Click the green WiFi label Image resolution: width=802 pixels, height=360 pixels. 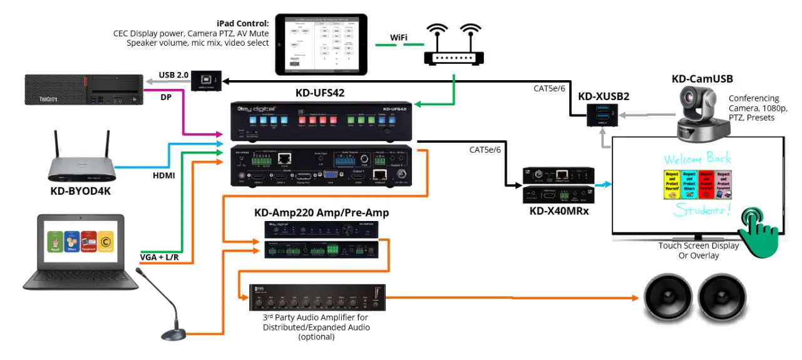pyautogui.click(x=399, y=38)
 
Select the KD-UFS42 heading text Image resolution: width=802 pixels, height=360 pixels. pyautogui.click(x=321, y=93)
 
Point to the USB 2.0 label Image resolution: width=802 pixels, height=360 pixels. pyautogui.click(x=174, y=75)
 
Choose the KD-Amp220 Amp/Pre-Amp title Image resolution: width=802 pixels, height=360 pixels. pyautogui.click(x=321, y=213)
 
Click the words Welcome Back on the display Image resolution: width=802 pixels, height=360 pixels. pyautogui.click(x=696, y=157)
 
